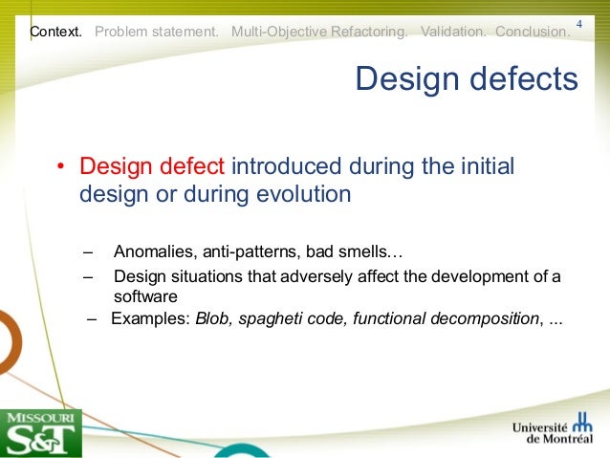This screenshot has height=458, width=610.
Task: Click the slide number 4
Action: tap(579, 22)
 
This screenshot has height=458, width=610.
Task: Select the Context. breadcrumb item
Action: tap(55, 32)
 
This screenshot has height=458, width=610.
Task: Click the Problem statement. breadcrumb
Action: tap(157, 32)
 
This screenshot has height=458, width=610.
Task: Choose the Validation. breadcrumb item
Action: tap(453, 32)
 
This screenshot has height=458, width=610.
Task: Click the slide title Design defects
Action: tap(467, 79)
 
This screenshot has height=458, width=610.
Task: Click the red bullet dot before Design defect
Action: tap(60, 168)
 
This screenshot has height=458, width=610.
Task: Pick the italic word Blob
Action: tap(212, 318)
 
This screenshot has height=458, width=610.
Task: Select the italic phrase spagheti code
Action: tap(291, 318)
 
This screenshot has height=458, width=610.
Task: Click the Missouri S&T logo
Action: tap(41, 432)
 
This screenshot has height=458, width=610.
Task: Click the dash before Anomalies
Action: tap(88, 252)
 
